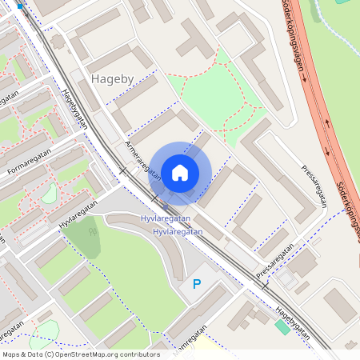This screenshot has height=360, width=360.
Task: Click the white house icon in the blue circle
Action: click(180, 172)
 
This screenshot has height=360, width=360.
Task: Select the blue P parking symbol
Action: click(197, 284)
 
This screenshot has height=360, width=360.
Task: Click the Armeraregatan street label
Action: click(138, 157)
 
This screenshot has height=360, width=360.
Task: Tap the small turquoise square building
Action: click(282, 327)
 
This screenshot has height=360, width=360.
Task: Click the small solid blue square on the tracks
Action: click(21, 6)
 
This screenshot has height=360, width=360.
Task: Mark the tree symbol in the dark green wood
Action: click(94, 231)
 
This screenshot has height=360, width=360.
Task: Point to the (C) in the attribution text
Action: click(50, 354)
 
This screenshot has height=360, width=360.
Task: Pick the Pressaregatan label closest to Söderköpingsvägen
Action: click(314, 185)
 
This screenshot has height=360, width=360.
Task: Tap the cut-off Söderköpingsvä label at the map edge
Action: click(350, 211)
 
